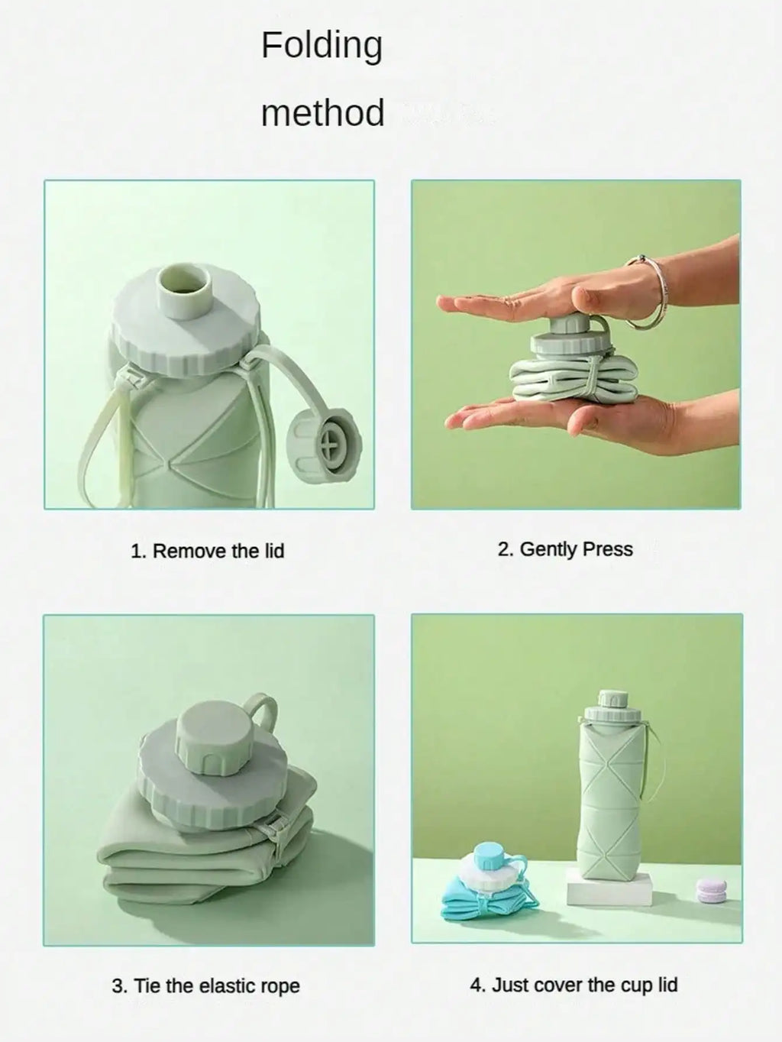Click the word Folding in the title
point(322,47)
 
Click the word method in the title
point(323,112)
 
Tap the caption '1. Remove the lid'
point(208,551)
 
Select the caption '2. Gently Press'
point(565,549)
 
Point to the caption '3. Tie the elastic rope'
point(206,985)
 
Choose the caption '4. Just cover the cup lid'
point(574,985)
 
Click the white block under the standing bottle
point(609,888)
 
